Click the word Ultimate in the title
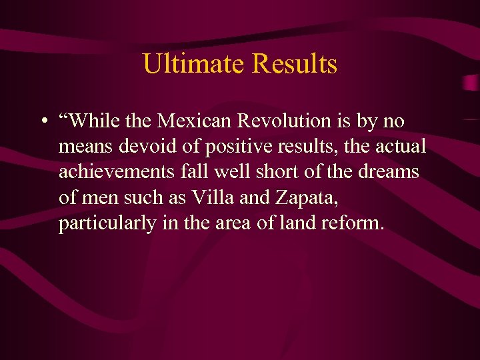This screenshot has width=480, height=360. (193, 65)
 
